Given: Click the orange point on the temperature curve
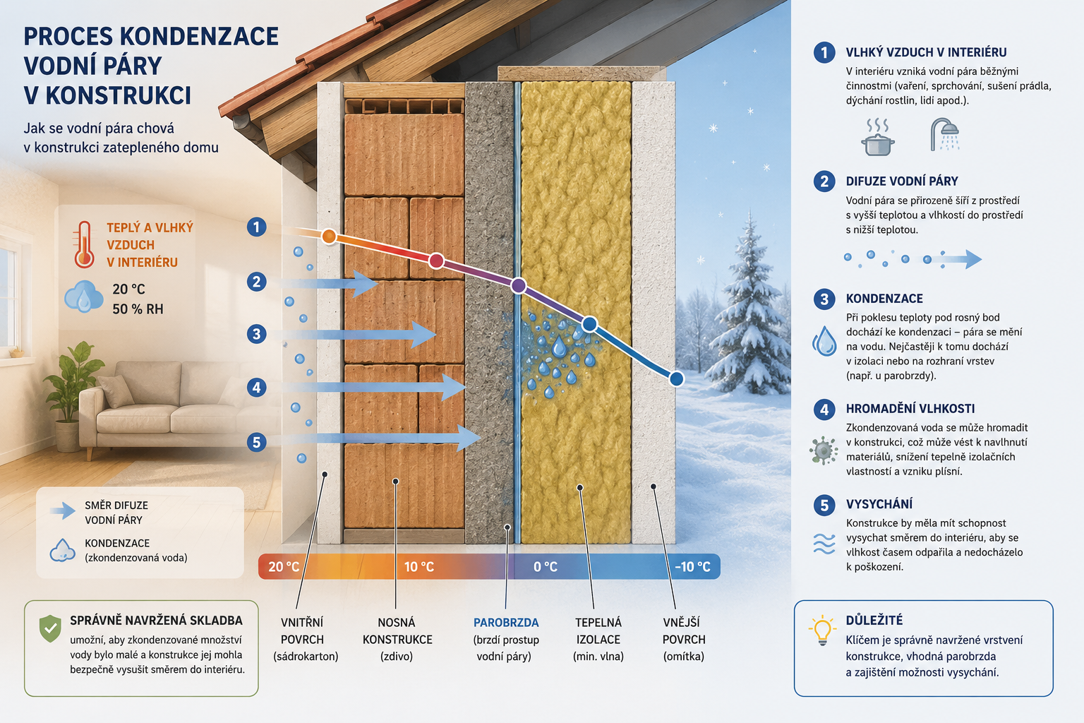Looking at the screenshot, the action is pos(329,237).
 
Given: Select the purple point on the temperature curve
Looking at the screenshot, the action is pos(518,286).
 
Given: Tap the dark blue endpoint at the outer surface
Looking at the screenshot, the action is pos(677,378).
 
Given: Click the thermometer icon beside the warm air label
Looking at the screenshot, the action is pos(84,244).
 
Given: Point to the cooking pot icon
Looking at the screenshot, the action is pos(878,138).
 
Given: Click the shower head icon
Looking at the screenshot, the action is pos(945,134).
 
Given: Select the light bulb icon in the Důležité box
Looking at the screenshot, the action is pos(822,630).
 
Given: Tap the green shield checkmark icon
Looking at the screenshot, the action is pos(50,628).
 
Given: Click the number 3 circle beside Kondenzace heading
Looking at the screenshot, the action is pos(824,299).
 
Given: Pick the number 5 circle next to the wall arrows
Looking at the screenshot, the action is pos(256,442).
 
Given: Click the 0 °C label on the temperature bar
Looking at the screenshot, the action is pos(546,566).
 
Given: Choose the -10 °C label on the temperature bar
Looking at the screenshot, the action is pos(692,566).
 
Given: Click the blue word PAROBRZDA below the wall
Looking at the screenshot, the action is pos(506,622).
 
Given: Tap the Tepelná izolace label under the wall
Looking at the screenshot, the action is pos(598,631).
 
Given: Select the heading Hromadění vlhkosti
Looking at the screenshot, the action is pos(910,409).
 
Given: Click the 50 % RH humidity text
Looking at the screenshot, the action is pos(138,309).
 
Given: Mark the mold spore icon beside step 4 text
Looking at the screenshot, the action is pos(823,450).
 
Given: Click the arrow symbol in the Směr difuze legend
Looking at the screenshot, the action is pos(62,511).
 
